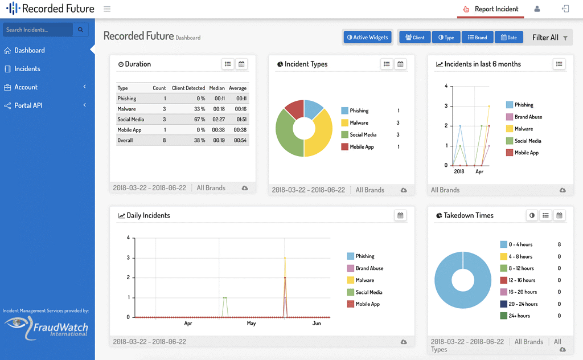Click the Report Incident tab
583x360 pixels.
[490, 9]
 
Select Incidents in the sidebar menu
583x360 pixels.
[27, 69]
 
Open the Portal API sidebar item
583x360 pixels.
[28, 105]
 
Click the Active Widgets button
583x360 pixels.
[368, 38]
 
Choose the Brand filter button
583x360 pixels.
[477, 38]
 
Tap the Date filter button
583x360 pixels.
[509, 38]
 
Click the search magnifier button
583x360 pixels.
[81, 30]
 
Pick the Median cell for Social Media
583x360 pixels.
[216, 120]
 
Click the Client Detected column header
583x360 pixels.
[188, 88]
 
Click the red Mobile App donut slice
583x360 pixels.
[294, 108]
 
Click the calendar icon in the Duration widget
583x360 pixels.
[242, 64]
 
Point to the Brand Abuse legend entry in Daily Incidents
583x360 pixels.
[369, 268]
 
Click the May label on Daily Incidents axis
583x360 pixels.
[251, 324]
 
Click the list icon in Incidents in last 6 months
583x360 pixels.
[559, 64]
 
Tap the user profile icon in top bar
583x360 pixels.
[537, 9]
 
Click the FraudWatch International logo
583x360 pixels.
[47, 328]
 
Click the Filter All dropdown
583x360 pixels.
[549, 38]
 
